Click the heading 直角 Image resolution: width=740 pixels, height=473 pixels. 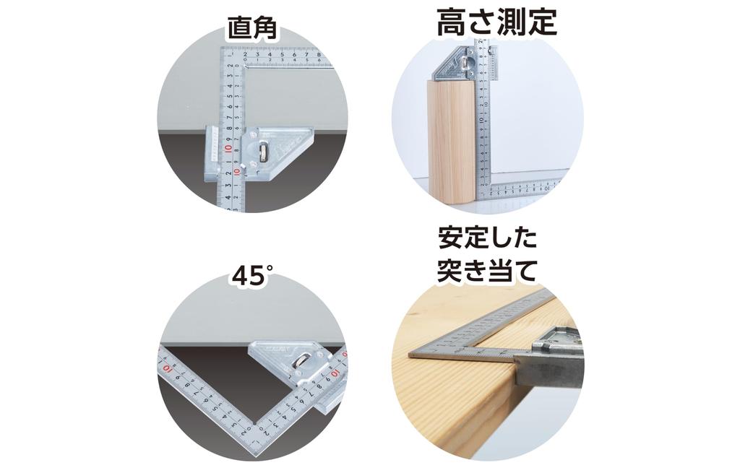(251, 30)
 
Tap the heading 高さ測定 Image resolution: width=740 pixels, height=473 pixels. (496, 22)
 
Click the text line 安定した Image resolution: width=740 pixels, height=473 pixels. (488, 238)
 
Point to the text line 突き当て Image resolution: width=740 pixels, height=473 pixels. (488, 271)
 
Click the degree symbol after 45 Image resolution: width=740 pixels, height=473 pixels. (270, 268)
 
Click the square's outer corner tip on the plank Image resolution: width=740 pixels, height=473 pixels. (410, 353)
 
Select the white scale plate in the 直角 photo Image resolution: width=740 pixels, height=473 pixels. (213, 152)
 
